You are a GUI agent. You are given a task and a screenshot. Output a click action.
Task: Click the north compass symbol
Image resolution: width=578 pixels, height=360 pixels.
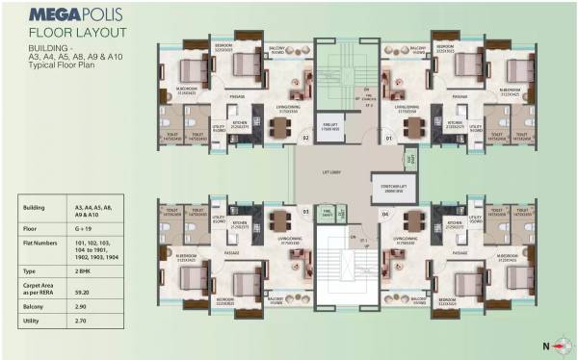click(556, 345)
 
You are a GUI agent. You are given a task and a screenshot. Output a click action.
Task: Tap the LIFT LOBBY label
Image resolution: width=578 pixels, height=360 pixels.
click(331, 172)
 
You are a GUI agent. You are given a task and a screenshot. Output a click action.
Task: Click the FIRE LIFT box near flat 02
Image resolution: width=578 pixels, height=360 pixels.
click(330, 125)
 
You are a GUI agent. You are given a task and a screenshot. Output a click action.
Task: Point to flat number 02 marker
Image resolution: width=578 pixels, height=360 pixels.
click(305, 139)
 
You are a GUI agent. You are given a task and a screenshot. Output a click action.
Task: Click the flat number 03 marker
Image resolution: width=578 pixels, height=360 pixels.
click(305, 210)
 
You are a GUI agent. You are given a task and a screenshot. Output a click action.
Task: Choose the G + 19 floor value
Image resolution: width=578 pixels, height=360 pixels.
click(81, 230)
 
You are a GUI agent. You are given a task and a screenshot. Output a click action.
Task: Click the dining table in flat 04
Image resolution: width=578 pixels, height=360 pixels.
click(414, 220)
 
